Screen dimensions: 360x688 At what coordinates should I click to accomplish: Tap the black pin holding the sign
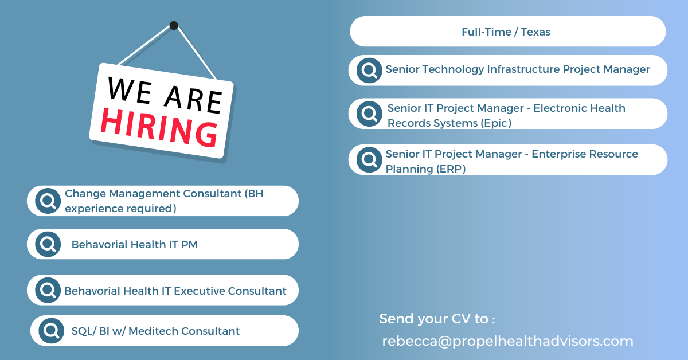[174, 25]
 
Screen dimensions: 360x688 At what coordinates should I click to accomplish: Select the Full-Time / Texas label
[506, 32]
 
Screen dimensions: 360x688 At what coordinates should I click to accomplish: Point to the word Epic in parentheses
[497, 123]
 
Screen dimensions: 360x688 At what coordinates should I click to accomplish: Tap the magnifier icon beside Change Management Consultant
[48, 201]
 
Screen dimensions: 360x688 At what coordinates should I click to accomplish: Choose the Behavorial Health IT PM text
[134, 245]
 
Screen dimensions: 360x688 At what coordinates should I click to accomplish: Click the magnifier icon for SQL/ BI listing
[51, 331]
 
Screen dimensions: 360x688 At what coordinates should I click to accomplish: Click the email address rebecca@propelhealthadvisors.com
[507, 341]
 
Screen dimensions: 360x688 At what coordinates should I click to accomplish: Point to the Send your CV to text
[437, 319]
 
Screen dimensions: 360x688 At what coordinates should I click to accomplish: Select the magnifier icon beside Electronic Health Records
[369, 114]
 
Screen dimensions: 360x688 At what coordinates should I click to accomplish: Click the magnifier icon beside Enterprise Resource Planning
[369, 159]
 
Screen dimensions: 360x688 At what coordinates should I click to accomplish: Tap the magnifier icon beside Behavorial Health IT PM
[48, 244]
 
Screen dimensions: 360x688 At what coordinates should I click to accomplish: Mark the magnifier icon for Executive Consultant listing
[48, 290]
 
